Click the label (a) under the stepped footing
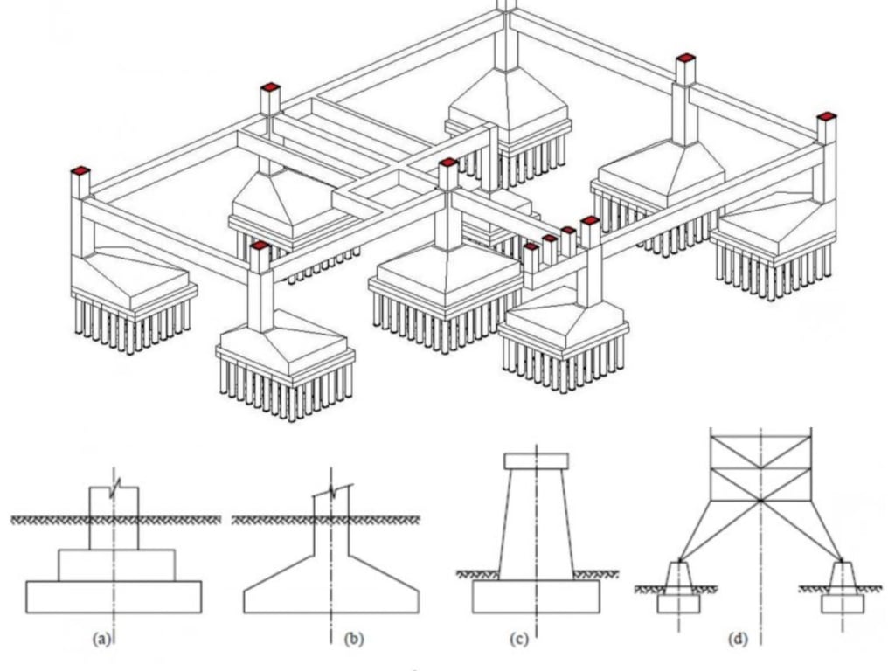click(102, 639)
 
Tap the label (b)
click(353, 639)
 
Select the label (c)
click(517, 639)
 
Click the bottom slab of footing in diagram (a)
click(114, 597)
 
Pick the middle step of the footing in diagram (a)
click(116, 565)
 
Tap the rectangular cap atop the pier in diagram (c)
click(537, 460)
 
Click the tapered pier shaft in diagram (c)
click(536, 524)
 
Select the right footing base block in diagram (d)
click(843, 604)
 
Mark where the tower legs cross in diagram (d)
click(761, 500)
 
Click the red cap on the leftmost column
click(80, 169)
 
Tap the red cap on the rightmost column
click(826, 115)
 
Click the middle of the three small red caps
click(548, 238)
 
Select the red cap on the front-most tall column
click(260, 246)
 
